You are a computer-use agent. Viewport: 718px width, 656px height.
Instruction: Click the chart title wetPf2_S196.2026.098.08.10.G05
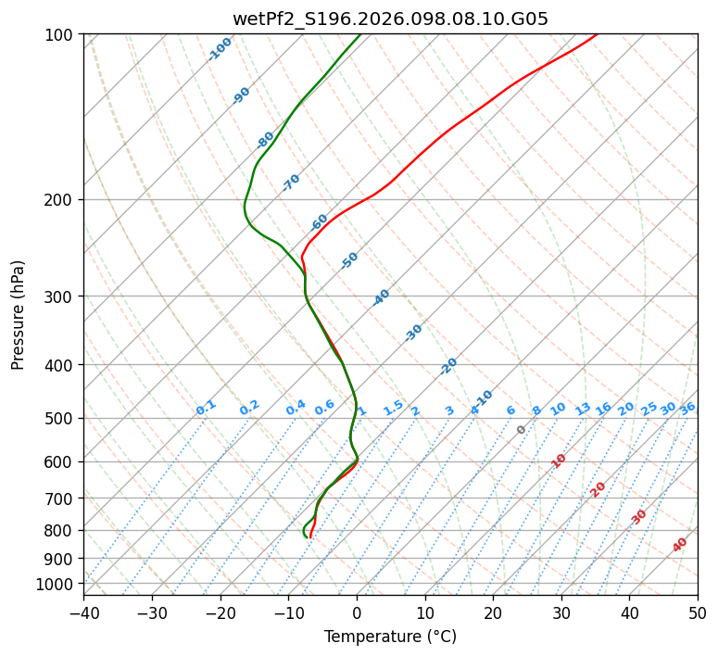click(x=390, y=19)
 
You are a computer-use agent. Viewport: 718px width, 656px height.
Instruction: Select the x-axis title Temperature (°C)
click(x=390, y=637)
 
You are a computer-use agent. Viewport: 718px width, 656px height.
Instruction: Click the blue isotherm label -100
click(x=220, y=49)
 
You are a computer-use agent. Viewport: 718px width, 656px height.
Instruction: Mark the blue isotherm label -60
click(x=320, y=222)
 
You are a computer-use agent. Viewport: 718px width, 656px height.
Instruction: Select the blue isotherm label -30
click(x=413, y=333)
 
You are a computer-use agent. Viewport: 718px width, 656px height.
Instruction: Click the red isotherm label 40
click(x=680, y=545)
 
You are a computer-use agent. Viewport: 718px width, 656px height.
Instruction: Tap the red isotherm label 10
click(x=559, y=460)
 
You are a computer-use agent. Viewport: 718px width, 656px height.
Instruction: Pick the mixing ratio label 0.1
click(x=206, y=408)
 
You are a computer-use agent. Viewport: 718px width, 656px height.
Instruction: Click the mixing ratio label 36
click(x=687, y=408)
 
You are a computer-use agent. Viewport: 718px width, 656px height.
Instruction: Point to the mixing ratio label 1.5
click(x=393, y=408)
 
